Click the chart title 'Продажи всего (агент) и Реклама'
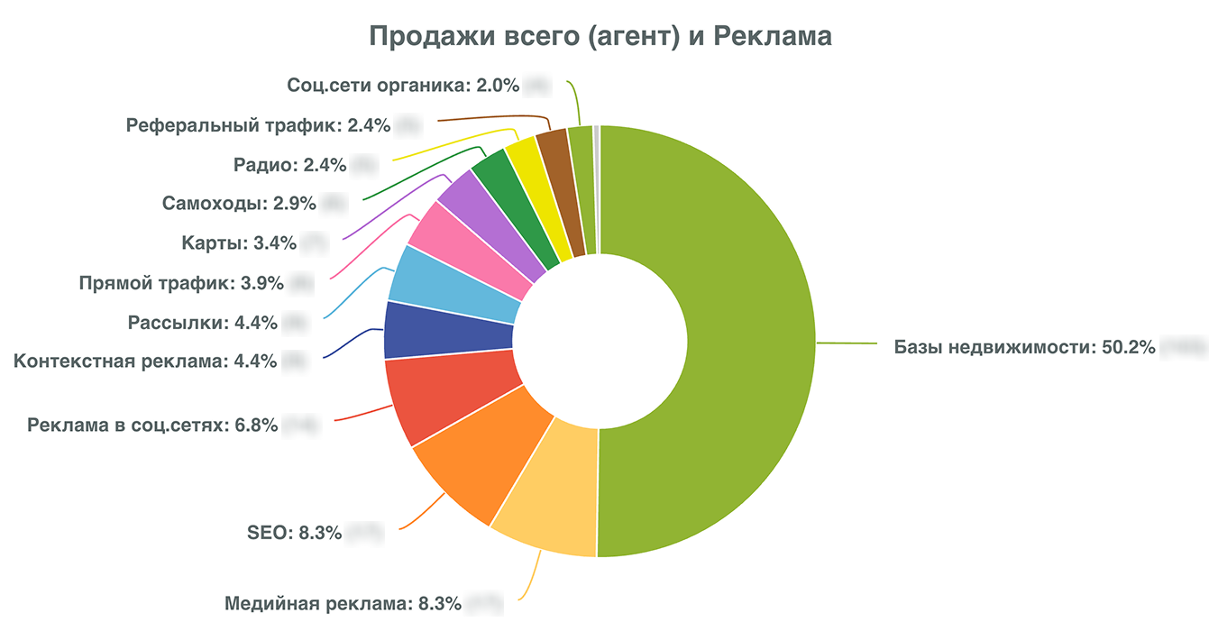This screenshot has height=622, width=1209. [x=600, y=37]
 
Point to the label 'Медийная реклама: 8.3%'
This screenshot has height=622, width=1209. [x=343, y=603]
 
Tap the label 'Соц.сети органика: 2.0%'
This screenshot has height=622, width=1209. [x=403, y=86]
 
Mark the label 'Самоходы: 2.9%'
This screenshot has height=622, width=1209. [x=239, y=203]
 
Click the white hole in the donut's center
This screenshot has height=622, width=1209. [x=600, y=343]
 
